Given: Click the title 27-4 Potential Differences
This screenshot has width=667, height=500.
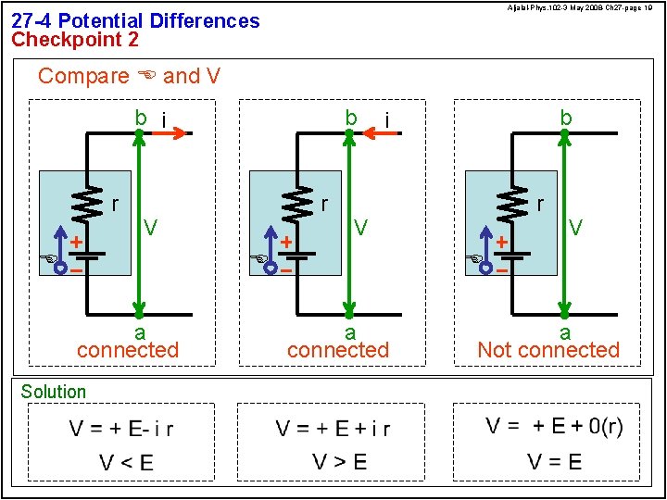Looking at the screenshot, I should click(x=135, y=20).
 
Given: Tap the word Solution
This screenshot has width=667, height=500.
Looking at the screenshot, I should click(x=53, y=392).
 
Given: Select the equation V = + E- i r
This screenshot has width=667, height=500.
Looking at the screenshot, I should click(x=121, y=429).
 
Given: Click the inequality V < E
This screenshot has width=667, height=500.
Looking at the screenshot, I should click(x=126, y=462).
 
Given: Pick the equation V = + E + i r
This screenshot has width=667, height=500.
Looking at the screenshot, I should click(x=333, y=429).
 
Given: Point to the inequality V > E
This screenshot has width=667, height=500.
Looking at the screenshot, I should click(x=339, y=462).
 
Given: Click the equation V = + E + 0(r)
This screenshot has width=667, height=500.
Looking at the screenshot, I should click(x=554, y=426).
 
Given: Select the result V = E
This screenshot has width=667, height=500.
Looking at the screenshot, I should click(x=554, y=461).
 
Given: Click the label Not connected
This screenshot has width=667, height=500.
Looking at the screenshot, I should click(x=547, y=350).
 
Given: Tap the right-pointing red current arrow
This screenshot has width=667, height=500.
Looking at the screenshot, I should click(x=170, y=133).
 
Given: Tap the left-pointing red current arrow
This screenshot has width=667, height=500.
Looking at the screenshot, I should click(x=382, y=133).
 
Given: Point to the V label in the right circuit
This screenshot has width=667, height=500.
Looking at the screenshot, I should click(x=576, y=227).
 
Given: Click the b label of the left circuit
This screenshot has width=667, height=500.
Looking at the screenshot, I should click(x=141, y=118).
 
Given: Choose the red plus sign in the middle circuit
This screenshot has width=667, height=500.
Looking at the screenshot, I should click(x=286, y=242).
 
